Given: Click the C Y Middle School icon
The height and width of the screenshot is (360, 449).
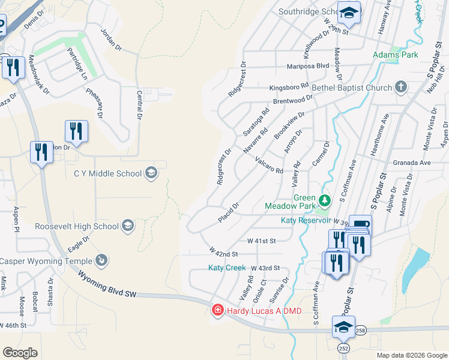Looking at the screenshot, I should (151, 174).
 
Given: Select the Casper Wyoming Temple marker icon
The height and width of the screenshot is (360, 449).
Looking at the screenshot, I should (103, 260).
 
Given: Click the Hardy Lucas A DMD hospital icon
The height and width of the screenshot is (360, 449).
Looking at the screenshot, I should (218, 310).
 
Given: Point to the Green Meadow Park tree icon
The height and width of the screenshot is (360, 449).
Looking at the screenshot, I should (324, 200).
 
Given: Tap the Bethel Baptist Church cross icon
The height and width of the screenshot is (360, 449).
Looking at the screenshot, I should (401, 88).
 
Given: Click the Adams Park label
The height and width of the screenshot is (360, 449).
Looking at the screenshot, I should (395, 55).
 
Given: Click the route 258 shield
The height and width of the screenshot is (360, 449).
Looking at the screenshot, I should (360, 330).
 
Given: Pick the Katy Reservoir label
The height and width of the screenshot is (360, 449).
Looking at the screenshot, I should (306, 220).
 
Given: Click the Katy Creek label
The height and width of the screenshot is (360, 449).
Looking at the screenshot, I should (227, 267).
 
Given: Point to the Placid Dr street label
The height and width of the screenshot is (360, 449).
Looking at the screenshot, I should (229, 212).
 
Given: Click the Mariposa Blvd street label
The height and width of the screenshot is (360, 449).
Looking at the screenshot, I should (308, 65).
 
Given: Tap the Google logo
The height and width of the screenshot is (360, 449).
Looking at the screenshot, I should (20, 352).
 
